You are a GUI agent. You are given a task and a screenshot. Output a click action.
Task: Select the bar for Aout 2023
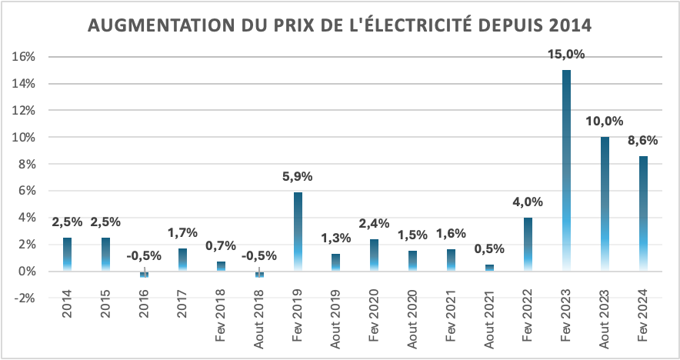605,204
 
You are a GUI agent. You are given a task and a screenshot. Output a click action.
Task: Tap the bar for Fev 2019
298,231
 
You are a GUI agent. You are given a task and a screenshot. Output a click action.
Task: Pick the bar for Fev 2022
528,244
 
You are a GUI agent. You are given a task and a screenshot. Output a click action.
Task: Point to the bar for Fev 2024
643,213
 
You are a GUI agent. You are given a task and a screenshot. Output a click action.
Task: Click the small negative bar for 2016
144,275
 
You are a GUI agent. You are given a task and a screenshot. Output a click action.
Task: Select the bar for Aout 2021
490,268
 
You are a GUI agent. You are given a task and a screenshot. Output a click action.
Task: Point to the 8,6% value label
643,140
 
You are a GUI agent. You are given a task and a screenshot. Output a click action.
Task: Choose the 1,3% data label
336,238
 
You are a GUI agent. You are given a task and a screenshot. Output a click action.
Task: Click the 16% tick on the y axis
25,57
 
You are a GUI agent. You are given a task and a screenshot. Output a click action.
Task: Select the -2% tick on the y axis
25,298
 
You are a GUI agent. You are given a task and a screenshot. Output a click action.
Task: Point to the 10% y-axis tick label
25,137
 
